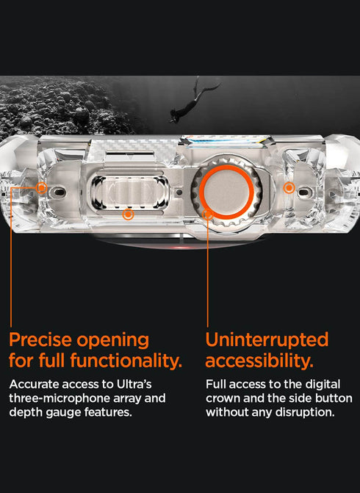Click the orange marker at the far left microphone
tap(41, 188)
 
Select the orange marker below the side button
tap(128, 215)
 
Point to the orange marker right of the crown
tap(289, 188)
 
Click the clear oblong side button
tap(130, 192)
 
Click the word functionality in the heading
tap(126, 360)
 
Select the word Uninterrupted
tap(267, 340)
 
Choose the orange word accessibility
tap(259, 360)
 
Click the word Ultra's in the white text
tap(134, 384)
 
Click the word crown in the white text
tap(223, 398)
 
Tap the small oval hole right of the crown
tap(303, 192)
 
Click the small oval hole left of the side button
tap(59, 192)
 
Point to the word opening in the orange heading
tap(113, 341)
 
